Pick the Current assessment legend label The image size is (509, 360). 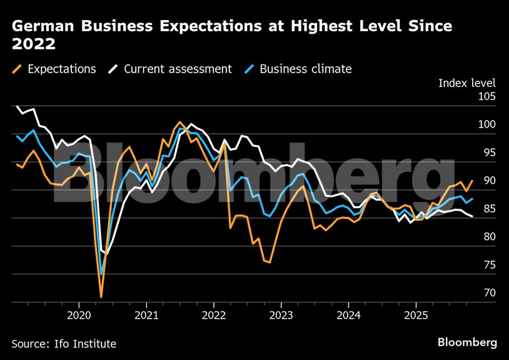click(178, 69)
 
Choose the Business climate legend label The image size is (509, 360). click(305, 69)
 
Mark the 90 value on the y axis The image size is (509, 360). click(488, 181)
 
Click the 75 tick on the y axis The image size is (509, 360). click(488, 265)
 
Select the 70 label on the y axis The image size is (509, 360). click(488, 293)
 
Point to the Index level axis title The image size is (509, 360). click(466, 83)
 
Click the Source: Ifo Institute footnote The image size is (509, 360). click(64, 344)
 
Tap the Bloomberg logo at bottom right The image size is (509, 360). click(467, 342)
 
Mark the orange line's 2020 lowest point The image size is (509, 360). click(101, 297)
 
